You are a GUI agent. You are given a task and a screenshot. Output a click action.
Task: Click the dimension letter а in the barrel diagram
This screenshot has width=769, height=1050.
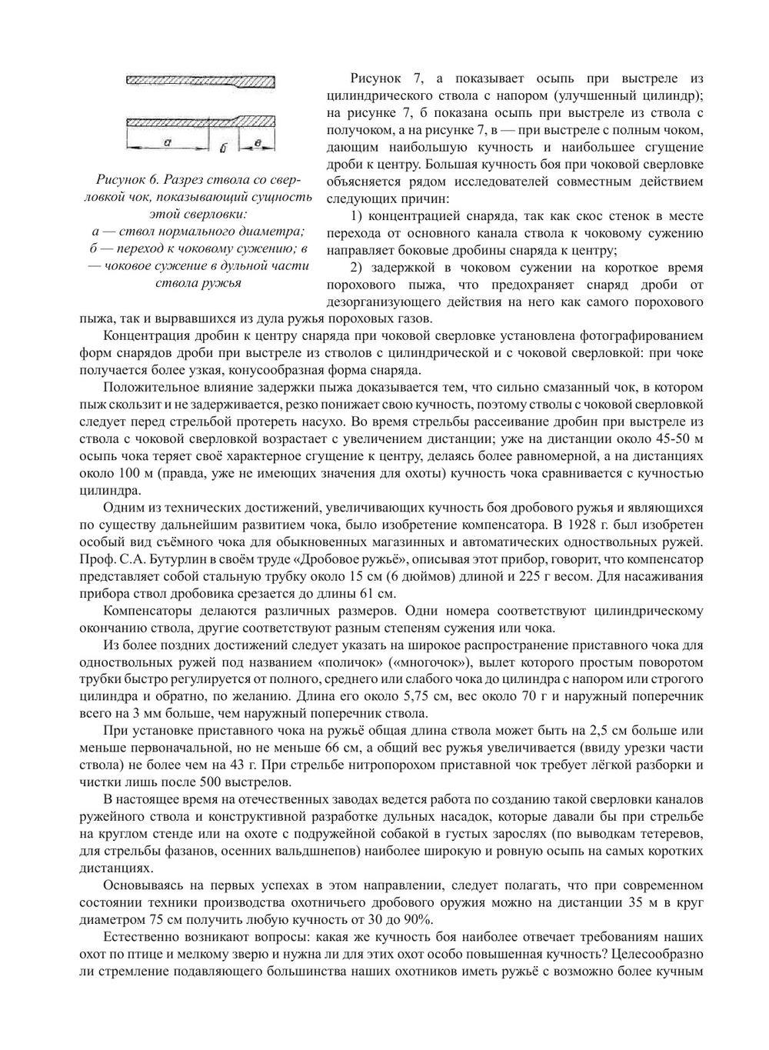point(167,142)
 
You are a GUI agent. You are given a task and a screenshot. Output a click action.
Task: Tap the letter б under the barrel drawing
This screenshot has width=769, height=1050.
point(223,145)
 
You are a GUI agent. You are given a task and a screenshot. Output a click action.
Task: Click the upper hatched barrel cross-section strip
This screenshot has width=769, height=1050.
point(200,81)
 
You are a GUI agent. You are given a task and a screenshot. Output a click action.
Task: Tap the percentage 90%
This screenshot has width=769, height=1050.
point(418,920)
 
